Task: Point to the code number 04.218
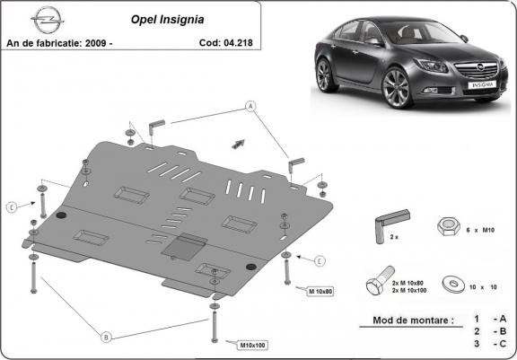tap(241, 42)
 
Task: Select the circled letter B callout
tap(106, 338)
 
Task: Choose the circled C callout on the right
tap(319, 260)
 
